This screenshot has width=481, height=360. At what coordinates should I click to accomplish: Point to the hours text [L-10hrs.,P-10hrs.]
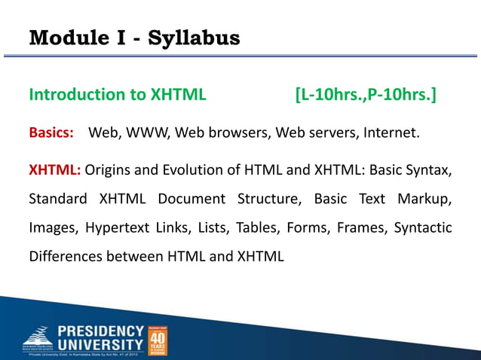click(365, 95)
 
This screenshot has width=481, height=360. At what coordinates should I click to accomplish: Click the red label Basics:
click(51, 134)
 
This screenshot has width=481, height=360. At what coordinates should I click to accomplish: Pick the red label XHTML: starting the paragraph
click(54, 170)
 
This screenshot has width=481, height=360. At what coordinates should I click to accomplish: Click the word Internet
click(391, 134)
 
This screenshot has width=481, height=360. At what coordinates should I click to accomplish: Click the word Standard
click(58, 199)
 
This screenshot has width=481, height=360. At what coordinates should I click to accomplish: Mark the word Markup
click(427, 199)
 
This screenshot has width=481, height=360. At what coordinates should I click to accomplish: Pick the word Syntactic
click(424, 227)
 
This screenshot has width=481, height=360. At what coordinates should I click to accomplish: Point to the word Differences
click(63, 256)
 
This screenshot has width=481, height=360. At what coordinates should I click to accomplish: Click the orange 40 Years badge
click(156, 340)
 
